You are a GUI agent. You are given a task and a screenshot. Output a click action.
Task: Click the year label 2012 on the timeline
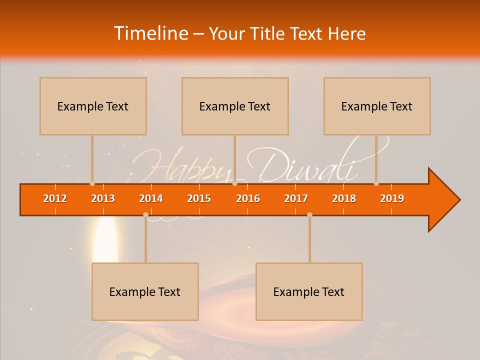pos(55,198)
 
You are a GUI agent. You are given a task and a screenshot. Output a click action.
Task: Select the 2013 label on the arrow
pos(103,198)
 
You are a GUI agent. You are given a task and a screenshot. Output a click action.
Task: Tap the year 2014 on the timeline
pos(151,198)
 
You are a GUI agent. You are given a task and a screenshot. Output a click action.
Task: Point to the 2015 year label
pos(199,198)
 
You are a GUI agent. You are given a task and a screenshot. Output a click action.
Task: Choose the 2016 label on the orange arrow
pos(248,198)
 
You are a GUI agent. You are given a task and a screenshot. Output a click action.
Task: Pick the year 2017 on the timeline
pos(296,198)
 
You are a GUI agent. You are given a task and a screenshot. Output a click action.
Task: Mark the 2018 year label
pos(344,198)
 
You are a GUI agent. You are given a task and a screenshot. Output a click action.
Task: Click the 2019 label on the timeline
pos(392,198)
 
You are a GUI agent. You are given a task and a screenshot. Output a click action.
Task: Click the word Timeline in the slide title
pos(150,33)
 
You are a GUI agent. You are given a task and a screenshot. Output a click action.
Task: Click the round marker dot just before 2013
pos(92,183)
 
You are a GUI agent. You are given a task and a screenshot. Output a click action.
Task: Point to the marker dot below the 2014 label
pos(145,214)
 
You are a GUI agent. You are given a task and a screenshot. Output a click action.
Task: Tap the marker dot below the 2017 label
pos(309,214)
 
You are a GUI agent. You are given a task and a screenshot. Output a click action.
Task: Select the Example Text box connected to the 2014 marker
pos(145,291)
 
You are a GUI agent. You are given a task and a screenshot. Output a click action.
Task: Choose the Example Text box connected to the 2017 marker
pos(309,291)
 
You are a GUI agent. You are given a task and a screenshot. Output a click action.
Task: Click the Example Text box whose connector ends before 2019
pos(377,106)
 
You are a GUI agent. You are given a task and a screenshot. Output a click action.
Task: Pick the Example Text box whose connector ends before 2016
pos(235,106)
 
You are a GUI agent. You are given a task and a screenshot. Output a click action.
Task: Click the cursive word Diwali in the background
pos(307,167)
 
